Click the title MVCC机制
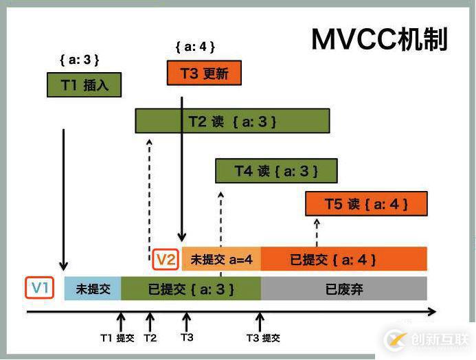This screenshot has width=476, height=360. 379,40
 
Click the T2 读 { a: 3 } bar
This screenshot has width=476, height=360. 232,122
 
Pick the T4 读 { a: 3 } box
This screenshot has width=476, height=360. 276,170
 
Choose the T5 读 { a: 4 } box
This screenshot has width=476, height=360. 366,204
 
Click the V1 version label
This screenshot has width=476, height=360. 40,288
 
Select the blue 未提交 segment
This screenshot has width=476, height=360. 93,289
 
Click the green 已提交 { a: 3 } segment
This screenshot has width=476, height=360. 191,289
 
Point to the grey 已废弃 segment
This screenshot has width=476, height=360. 343,289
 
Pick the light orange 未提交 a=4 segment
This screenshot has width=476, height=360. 221,260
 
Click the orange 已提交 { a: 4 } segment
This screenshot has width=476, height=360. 343,260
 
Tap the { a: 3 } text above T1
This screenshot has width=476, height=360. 80,60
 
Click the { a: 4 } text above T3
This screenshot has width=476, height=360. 195,47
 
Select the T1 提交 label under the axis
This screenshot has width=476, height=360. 117,337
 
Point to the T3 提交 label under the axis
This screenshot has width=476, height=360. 263,337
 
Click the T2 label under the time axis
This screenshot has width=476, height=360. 150,337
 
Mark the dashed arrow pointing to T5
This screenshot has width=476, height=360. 317,232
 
